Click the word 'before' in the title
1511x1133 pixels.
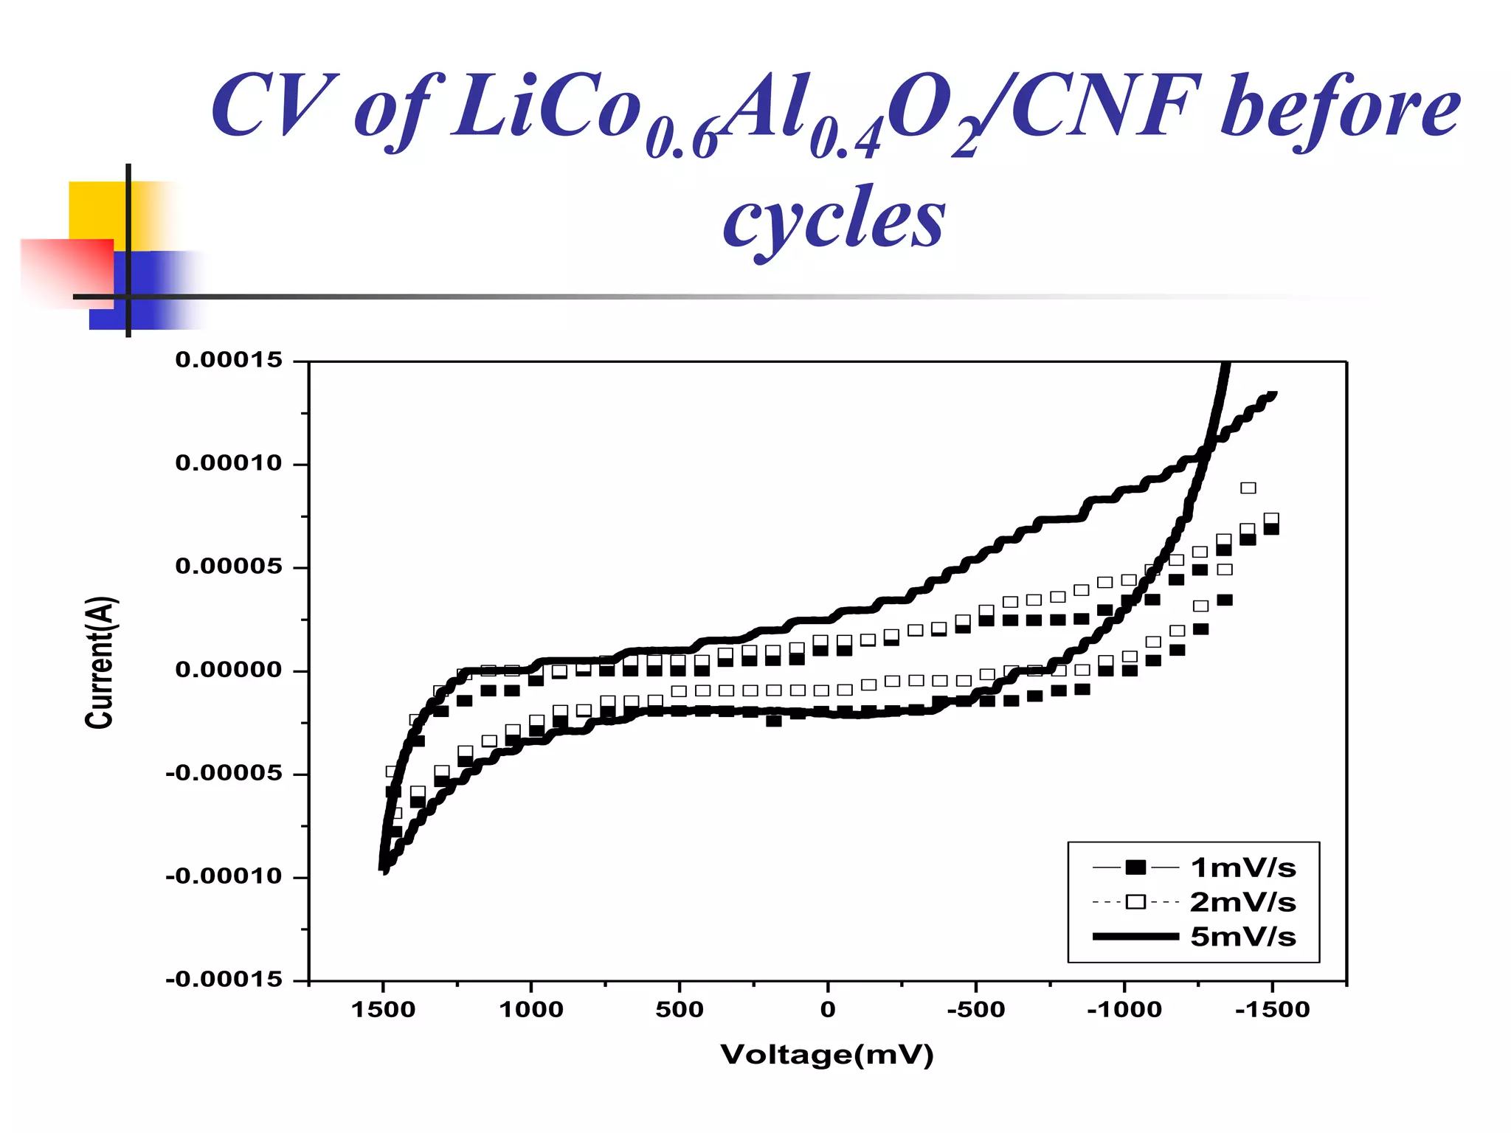[1339, 108]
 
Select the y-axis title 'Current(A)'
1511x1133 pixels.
[99, 662]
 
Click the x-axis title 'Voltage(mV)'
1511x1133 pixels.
[827, 1055]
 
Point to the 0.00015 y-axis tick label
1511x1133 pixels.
[229, 360]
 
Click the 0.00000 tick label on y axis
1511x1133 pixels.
[229, 670]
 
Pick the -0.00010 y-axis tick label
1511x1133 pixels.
[224, 876]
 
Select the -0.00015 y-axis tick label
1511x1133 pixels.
[224, 980]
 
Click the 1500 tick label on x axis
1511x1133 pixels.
[383, 1010]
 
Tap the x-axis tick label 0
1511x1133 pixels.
[828, 1010]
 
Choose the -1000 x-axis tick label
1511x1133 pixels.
[1124, 1010]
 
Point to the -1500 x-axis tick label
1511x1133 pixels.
[1272, 1010]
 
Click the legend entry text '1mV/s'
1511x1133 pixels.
[1242, 868]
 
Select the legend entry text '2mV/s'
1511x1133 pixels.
[1242, 902]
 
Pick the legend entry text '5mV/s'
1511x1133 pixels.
[1242, 937]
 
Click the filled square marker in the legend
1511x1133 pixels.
[1135, 867]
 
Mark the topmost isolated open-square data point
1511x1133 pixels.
[1248, 488]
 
